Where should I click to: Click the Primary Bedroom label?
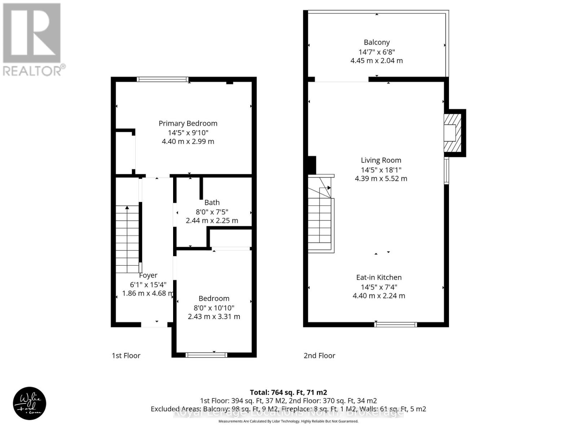pos(188,123)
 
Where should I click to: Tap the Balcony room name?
pos(376,42)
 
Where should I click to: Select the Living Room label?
pos(381,160)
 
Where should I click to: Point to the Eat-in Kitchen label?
pos(379,277)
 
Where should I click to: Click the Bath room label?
pos(212,202)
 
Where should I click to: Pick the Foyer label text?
pos(148,275)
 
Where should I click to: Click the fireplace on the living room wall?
pos(453,133)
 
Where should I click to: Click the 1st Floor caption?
pos(126,356)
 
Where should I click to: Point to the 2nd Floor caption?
pos(319,356)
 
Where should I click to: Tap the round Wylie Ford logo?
pos(30,403)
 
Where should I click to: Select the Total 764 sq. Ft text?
pos(288,392)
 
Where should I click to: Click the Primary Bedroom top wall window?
pos(163,79)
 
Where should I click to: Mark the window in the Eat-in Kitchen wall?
pos(396,325)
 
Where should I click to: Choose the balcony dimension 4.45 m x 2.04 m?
pos(376,61)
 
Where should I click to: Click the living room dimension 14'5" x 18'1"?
pos(381,170)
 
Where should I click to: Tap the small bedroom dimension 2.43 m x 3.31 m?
pos(214,317)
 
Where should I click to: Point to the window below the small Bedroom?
pos(206,355)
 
